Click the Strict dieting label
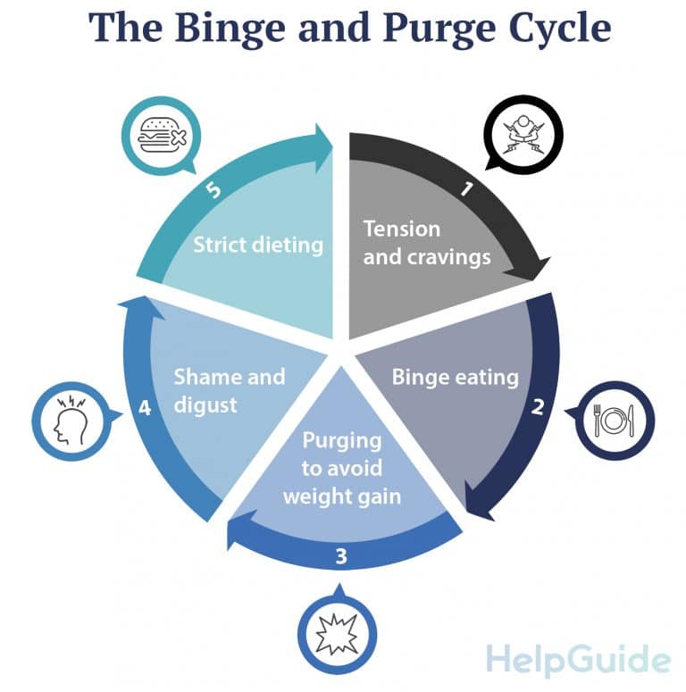pyautogui.click(x=258, y=244)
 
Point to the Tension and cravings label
pyautogui.click(x=427, y=243)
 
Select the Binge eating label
pyautogui.click(x=455, y=377)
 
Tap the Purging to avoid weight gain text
pyautogui.click(x=341, y=468)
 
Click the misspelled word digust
pyautogui.click(x=205, y=404)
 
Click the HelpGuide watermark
pyautogui.click(x=578, y=660)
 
